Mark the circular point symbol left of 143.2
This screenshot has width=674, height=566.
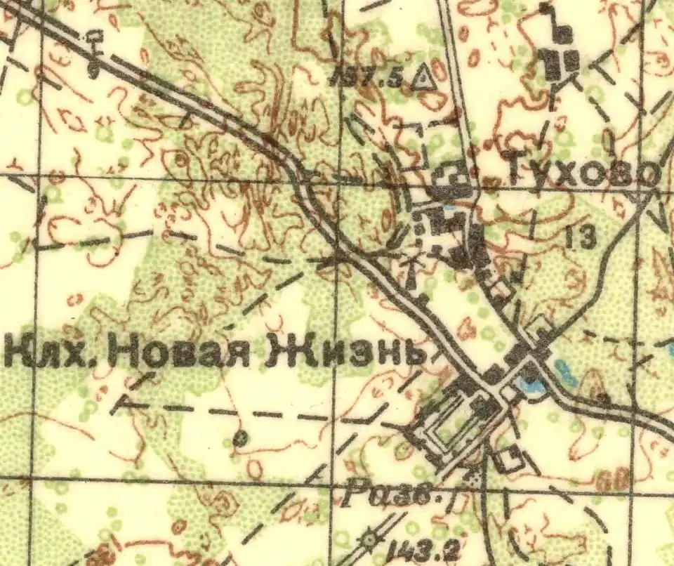click(x=369, y=539)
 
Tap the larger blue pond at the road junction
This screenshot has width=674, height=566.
click(x=530, y=383)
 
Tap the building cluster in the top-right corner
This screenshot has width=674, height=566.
click(x=561, y=57)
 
